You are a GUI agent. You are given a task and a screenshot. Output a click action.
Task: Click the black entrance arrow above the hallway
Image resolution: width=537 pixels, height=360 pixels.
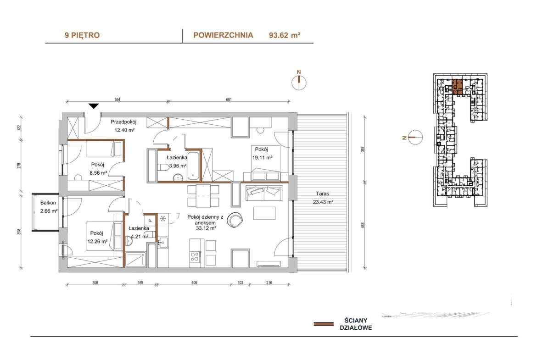[x=94, y=106]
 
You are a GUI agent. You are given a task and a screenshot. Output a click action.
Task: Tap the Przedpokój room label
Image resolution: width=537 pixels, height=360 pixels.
[x=123, y=122]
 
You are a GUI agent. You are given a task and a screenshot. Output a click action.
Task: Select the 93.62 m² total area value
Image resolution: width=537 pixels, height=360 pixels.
[x=285, y=35]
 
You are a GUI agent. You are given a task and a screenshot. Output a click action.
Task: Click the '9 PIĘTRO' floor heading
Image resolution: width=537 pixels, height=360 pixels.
[x=82, y=35]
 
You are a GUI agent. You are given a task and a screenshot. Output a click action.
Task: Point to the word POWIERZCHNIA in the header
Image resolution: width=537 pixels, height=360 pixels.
[x=224, y=35]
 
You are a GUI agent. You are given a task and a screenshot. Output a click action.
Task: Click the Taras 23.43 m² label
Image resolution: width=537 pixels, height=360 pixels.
[x=323, y=198]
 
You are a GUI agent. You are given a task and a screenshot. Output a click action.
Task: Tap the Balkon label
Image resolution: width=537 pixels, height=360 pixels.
[x=48, y=203]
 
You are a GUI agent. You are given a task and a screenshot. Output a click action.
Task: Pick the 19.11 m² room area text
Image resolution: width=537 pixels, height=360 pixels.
[x=262, y=158]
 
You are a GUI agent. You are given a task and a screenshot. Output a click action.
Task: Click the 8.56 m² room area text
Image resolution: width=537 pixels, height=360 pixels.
[x=98, y=173]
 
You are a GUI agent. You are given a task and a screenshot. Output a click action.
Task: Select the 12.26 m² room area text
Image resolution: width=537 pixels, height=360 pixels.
[x=98, y=241]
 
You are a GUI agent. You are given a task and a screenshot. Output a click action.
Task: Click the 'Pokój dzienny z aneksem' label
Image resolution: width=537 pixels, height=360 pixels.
[x=205, y=220]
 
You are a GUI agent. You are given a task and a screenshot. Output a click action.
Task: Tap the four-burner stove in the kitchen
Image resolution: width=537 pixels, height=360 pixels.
[x=195, y=257]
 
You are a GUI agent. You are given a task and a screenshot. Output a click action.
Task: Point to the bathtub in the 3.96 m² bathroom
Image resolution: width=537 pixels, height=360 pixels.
[x=194, y=166]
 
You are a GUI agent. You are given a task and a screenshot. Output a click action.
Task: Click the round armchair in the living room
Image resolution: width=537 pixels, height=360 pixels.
[x=235, y=220]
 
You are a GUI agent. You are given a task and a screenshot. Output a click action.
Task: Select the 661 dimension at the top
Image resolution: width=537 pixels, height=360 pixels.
[x=229, y=100]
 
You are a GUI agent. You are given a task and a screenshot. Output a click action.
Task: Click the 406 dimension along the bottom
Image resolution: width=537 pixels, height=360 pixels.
[x=194, y=282]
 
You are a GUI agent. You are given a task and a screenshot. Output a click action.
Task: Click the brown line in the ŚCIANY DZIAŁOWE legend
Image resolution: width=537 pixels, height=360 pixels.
[x=324, y=324]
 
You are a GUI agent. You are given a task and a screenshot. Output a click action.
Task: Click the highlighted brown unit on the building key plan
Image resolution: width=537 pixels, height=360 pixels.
[x=457, y=87]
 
